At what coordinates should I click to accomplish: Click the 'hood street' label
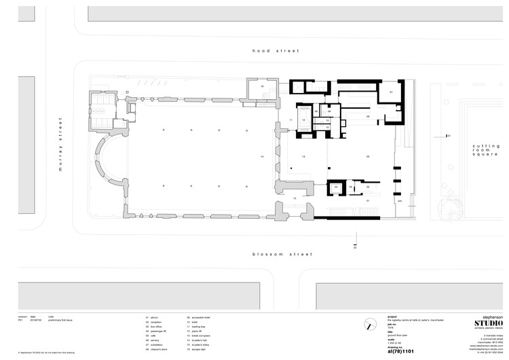tap(271, 50)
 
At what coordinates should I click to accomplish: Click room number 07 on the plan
tap(391, 92)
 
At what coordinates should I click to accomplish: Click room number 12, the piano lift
tap(304, 120)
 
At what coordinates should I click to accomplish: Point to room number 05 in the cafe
tap(368, 157)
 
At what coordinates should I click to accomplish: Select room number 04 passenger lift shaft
tap(335, 186)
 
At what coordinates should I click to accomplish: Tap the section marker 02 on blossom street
tap(354, 248)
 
